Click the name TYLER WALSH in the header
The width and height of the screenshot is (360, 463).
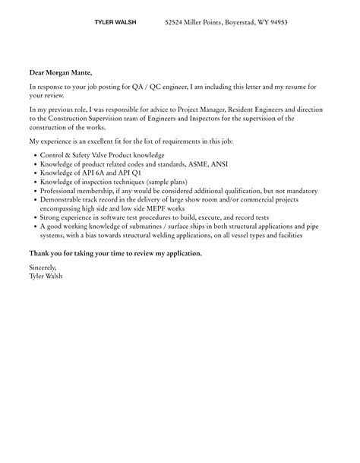click(115, 23)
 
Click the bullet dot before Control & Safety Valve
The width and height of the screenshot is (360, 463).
click(33, 155)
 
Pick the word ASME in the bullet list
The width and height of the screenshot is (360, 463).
click(191, 164)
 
